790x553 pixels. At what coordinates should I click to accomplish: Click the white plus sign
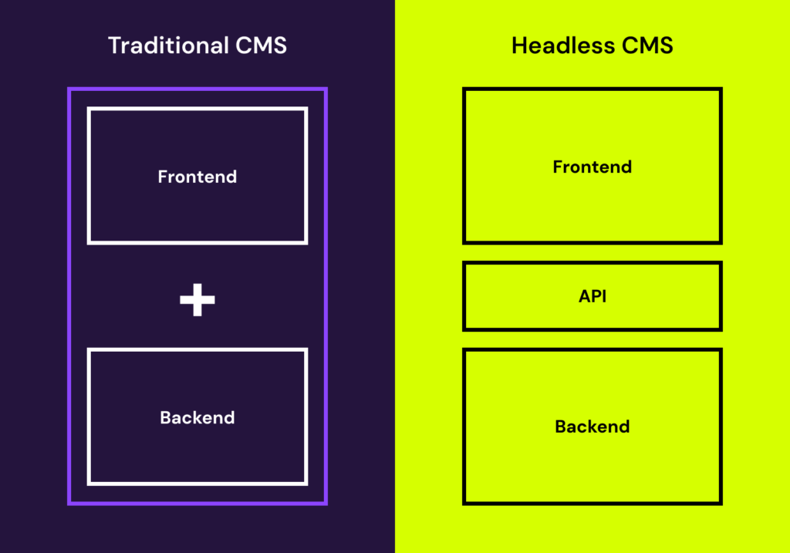pos(197,299)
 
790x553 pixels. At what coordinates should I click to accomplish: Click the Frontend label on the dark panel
pos(197,177)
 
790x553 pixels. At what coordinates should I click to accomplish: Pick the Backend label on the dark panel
pos(197,418)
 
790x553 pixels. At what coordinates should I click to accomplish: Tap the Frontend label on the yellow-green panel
pos(592,167)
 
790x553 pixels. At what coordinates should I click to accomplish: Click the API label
pos(592,296)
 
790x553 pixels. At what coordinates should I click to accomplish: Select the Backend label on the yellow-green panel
pos(592,427)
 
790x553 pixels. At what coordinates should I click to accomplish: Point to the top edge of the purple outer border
pos(197,89)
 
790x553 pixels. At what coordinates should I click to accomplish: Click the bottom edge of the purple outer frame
pos(197,503)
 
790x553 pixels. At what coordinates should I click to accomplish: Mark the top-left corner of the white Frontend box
pos(89,109)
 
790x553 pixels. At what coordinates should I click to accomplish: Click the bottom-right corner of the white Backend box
pos(306,484)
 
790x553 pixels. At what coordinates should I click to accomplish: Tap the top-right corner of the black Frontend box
pos(721,89)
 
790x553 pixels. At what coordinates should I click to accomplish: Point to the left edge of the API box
pos(464,296)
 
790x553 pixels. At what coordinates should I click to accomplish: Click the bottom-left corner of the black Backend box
pos(464,503)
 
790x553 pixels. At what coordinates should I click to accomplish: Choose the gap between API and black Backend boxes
pos(592,339)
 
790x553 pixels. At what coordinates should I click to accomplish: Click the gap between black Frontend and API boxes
pos(592,252)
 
